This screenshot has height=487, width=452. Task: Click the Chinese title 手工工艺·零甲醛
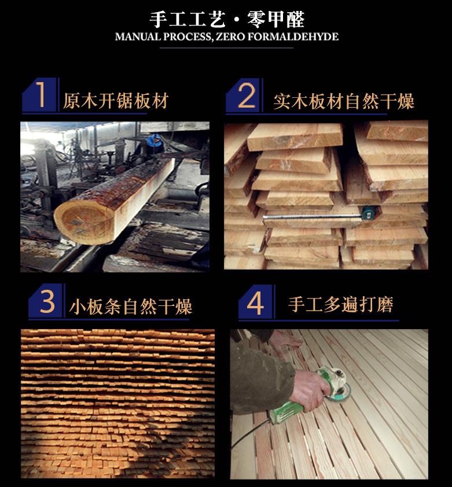(227, 19)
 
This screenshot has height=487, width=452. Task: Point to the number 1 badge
(40, 95)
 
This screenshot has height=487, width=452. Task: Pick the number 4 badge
(256, 302)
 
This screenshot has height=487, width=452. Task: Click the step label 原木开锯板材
(116, 101)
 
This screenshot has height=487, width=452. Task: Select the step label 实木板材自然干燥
(344, 102)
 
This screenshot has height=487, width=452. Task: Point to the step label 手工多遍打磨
(341, 304)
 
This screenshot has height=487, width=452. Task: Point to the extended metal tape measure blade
(312, 216)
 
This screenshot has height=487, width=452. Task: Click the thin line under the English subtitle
(227, 48)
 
